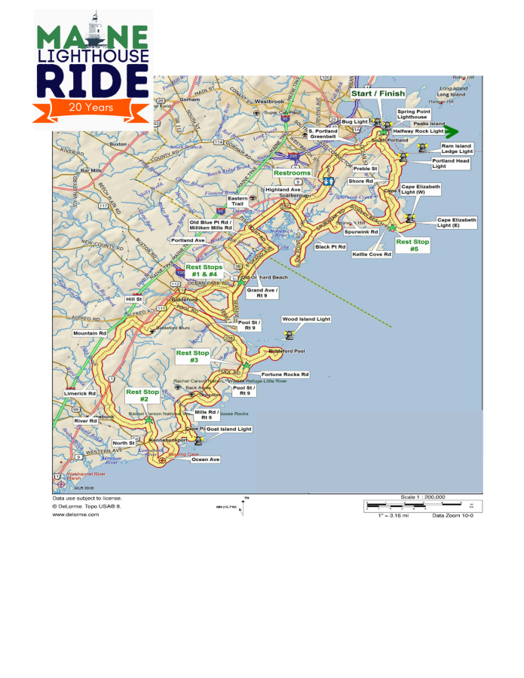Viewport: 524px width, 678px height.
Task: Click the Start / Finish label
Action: pos(378,93)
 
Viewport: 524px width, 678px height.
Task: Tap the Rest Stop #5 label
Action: pos(412,246)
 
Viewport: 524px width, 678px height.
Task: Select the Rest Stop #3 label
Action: pos(192,356)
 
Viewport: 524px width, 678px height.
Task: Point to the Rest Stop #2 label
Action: pos(142,395)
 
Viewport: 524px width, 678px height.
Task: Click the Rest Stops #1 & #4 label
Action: pos(204,270)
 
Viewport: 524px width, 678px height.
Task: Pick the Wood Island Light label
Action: pos(306,319)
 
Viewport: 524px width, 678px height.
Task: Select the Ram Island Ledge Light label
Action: pos(457,148)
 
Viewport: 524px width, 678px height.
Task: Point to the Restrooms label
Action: pos(292,173)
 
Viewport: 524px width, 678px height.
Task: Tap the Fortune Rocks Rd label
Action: pos(285,374)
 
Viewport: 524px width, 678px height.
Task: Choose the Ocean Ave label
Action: pos(205,459)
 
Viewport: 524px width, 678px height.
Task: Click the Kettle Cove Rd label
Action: pos(372,255)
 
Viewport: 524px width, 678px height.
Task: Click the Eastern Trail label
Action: pos(237,201)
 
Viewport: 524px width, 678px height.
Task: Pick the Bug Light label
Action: pos(353,121)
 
